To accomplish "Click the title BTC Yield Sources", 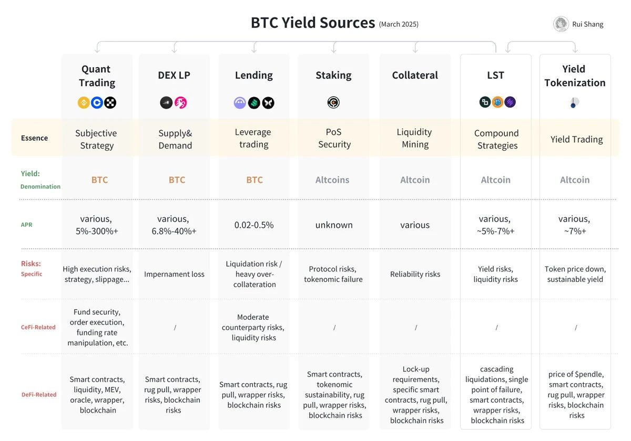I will tap(313, 23).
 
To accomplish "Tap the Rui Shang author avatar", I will tap(561, 24).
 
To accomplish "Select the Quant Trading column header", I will tap(97, 76).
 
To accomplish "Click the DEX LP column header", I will tap(175, 75).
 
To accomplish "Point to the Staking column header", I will tap(333, 75).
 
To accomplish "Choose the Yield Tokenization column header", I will tap(575, 76).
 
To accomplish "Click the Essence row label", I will tap(34, 138).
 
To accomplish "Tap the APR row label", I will tap(26, 225).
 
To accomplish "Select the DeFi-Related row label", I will tap(38, 394).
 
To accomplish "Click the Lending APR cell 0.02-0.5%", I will tap(254, 225).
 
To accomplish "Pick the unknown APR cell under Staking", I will tap(334, 225).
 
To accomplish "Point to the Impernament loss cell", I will tap(174, 274).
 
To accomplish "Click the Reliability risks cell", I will tap(415, 274).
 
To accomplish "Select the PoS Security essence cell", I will tap(334, 138).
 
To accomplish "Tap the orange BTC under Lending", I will tap(254, 180).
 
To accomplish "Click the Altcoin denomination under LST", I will tap(495, 180).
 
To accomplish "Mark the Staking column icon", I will tap(333, 102).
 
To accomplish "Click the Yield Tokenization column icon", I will tap(574, 103).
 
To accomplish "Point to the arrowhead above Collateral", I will tap(415, 50).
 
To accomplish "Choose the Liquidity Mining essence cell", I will tap(415, 138).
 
